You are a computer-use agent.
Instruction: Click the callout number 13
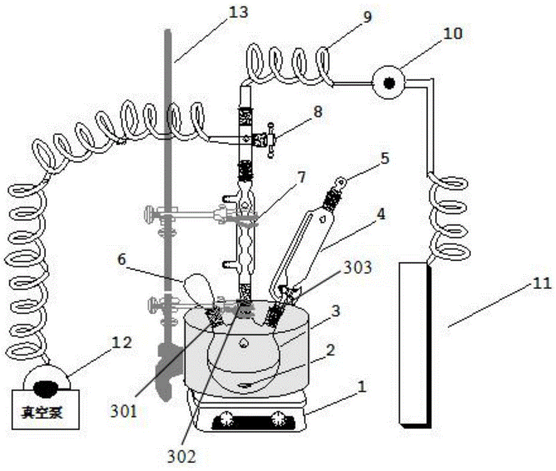238,13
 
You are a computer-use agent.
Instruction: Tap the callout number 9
367,16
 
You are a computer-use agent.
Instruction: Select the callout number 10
453,34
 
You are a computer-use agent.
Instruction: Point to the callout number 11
541,283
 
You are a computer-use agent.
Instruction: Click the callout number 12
122,343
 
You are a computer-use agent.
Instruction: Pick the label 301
123,411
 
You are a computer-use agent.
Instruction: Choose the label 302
181,457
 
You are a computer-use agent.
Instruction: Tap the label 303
358,267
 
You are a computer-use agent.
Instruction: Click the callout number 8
317,112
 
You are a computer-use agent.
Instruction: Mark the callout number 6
122,260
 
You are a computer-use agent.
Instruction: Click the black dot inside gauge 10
390,83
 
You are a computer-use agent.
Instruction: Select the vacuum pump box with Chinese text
46,410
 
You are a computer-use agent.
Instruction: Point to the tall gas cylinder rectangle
415,344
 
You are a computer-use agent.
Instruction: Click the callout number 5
385,158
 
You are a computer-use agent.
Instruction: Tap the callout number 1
361,386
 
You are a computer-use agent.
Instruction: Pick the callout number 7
302,177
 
